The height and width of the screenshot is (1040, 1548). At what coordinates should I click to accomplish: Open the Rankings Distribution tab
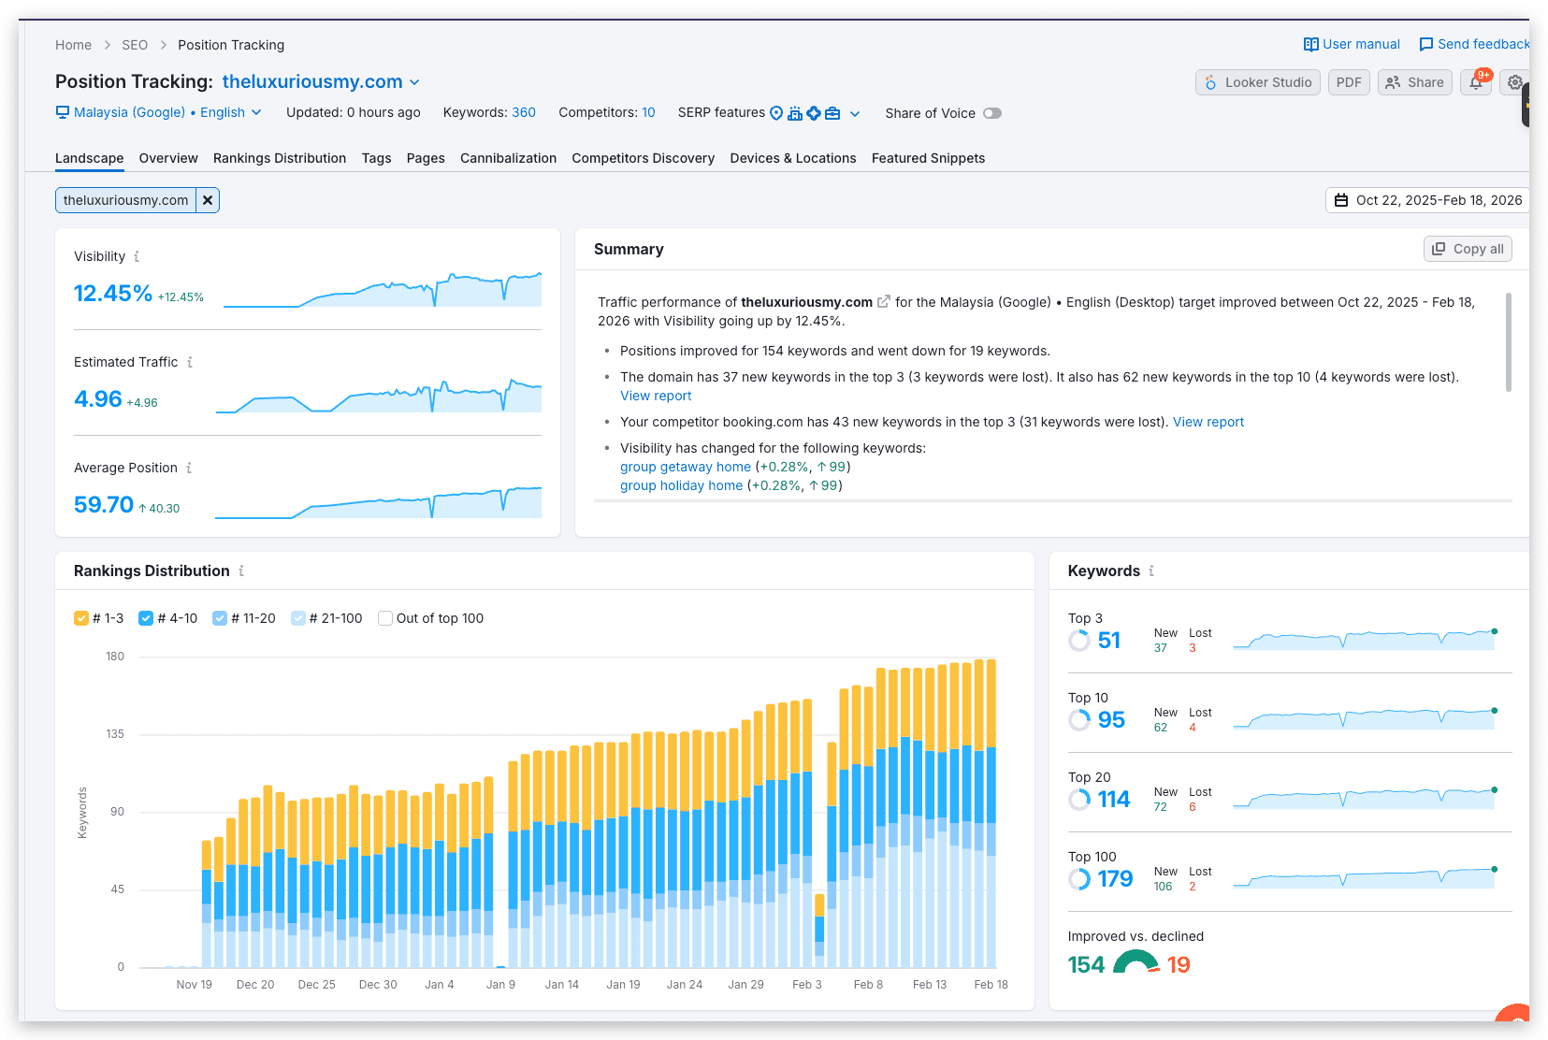point(279,158)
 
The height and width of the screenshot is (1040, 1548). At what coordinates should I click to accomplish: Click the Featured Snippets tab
point(928,158)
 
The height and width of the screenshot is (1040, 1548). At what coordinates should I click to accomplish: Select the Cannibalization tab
point(508,158)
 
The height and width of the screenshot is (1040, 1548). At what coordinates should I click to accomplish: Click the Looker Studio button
point(1258,82)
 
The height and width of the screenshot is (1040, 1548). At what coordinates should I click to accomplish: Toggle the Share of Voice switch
point(992,113)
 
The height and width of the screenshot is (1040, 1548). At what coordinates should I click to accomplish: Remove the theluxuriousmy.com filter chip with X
point(208,200)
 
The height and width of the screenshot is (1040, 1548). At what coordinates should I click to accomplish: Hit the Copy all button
point(1468,249)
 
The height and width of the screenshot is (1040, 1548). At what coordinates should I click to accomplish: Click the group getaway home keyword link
point(685,467)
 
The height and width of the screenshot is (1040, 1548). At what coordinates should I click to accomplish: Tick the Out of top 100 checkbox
point(385,618)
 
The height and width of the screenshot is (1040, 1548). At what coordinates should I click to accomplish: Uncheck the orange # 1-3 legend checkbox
point(80,618)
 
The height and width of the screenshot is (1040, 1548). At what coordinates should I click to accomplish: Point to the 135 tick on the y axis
point(115,734)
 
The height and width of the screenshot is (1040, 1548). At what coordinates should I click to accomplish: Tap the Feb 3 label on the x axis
point(806,984)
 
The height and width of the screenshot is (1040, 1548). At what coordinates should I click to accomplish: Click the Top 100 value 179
point(1115,879)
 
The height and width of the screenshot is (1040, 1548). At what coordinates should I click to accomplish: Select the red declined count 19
point(1179,964)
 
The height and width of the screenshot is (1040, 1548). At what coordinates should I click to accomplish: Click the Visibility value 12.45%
point(112,294)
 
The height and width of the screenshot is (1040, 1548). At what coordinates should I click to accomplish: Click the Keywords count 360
point(524,112)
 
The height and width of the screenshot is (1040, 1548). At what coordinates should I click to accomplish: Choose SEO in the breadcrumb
point(135,45)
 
